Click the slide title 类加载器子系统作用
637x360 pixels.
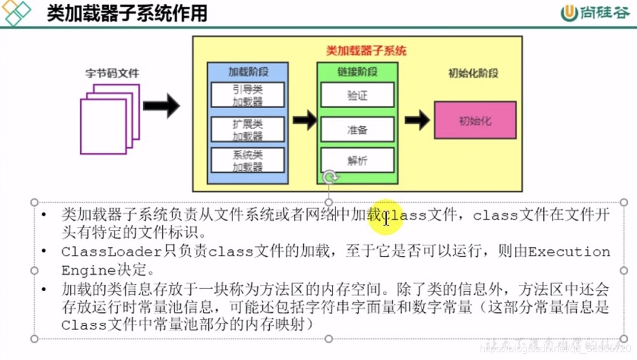[127, 13]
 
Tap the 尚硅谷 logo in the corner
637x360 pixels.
[595, 13]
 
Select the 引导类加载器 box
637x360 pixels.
[247, 95]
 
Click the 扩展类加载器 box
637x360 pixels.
[247, 129]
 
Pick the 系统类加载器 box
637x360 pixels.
[247, 160]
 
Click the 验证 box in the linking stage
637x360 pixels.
[357, 95]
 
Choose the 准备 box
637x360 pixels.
[357, 129]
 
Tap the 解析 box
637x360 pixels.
[357, 160]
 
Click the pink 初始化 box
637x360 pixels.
[475, 121]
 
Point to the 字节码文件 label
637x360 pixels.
[112, 73]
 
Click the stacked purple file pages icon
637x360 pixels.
[109, 119]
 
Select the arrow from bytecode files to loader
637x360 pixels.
[161, 106]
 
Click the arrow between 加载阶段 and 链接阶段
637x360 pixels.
[304, 119]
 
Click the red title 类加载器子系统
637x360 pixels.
[366, 50]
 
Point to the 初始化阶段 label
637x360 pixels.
[473, 73]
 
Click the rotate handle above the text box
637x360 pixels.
[331, 178]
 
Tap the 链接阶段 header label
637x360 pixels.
[357, 72]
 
